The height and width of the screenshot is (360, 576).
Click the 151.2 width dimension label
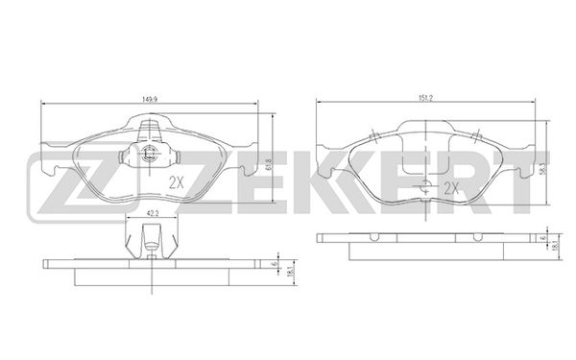(425, 98)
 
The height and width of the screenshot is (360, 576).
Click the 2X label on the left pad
(176, 182)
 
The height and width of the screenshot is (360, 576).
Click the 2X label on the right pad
(452, 188)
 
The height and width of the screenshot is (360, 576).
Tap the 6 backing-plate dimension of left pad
(274, 264)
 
